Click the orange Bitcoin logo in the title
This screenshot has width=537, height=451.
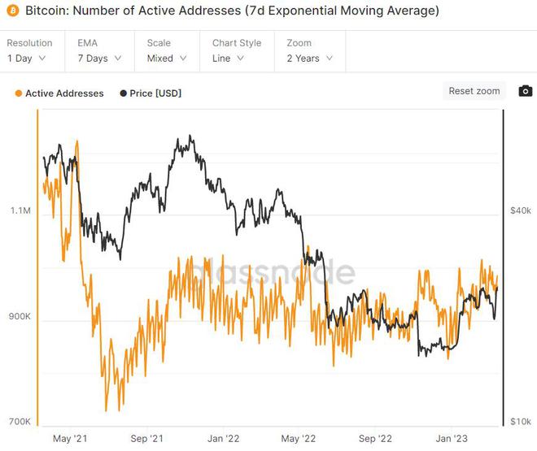coord(12,11)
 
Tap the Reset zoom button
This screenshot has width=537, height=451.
coord(474,91)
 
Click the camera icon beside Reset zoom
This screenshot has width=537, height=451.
coord(526,91)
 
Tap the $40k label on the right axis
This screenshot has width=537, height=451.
coord(520,210)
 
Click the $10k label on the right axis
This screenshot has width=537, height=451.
coord(520,421)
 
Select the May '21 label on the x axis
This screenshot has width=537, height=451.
coord(69,438)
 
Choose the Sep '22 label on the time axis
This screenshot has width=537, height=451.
coord(375,438)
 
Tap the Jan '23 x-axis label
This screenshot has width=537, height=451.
coord(452,438)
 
